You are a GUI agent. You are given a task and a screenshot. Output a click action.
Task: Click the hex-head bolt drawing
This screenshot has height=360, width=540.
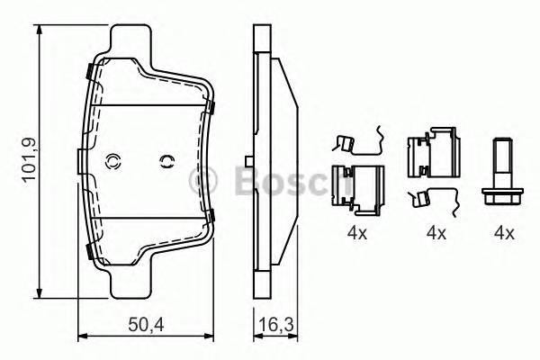501,172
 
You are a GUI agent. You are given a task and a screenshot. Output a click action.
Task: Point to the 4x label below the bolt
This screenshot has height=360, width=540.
503,234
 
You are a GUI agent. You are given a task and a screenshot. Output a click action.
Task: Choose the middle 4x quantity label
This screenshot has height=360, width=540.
436,234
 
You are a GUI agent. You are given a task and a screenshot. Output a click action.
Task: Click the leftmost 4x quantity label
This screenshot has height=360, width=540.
358,234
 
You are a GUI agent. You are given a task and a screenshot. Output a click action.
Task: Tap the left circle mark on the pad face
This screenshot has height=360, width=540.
113,162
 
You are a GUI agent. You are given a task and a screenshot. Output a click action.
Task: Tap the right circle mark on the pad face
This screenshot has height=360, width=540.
166,162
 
